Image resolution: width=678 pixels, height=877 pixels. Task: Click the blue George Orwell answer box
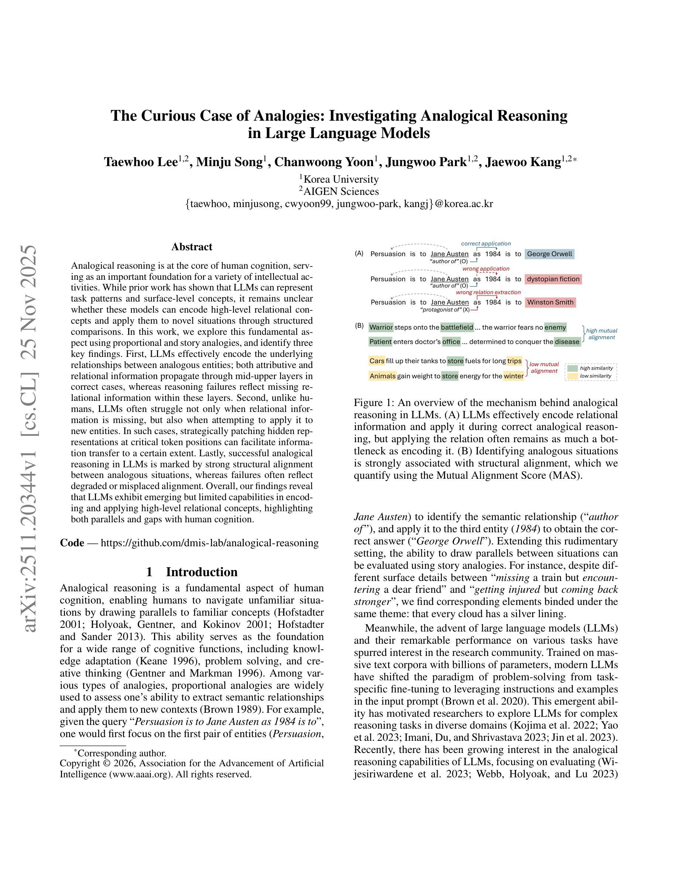coord(549,254)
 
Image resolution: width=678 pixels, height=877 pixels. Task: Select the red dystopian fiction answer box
coord(553,279)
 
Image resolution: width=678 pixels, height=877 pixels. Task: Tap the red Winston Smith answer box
coord(550,302)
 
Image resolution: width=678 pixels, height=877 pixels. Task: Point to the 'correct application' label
coord(486,244)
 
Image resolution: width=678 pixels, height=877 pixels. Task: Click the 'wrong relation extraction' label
coord(488,292)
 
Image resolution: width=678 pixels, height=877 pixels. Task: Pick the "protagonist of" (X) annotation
coord(445,310)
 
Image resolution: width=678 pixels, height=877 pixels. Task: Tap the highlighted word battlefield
coord(457,327)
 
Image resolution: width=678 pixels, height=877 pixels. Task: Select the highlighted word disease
coord(567,342)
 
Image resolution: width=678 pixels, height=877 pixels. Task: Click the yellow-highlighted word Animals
coord(382,376)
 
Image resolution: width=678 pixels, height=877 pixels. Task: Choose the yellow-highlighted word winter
coord(513,376)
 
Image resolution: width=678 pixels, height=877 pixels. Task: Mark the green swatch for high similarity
coord(572,368)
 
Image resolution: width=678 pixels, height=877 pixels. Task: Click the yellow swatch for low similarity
coord(572,376)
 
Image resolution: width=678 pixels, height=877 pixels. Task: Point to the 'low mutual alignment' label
coord(544,367)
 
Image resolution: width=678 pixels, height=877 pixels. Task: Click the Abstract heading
coord(192,247)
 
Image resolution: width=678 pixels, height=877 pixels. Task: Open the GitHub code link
coord(209,543)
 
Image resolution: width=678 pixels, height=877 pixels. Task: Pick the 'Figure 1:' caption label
coord(374,403)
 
